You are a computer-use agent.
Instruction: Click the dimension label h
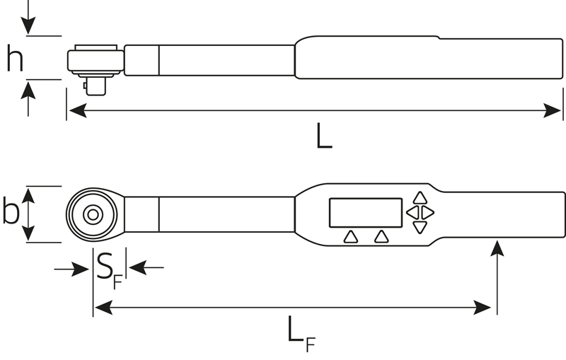point(15,58)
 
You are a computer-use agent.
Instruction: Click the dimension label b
point(11,210)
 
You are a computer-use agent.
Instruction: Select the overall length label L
point(324,136)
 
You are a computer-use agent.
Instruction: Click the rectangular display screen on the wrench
point(366,213)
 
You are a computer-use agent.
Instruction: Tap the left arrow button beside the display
point(412,212)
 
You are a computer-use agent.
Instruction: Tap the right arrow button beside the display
point(427,212)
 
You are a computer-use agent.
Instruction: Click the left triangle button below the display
point(350,237)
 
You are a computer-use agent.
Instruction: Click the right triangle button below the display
point(381,237)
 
